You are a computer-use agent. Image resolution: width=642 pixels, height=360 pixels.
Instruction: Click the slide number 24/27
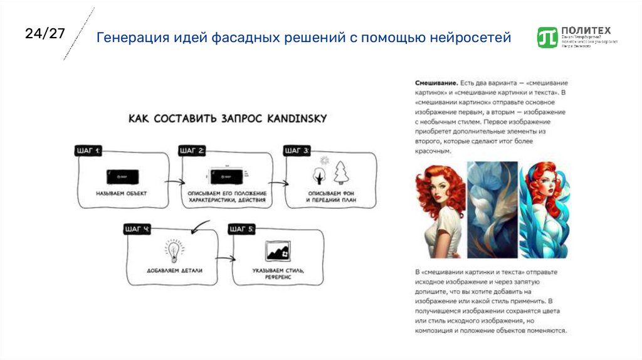45,34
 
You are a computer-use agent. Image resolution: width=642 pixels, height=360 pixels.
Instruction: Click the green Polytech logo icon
547,37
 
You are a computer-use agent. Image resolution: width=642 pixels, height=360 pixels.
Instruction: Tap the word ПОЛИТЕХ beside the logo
586,29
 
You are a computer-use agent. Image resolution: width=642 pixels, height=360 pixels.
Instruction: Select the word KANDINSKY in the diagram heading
295,118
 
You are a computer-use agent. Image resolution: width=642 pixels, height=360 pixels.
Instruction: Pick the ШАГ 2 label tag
192,151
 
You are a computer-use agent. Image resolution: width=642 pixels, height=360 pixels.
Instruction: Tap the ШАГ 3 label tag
297,151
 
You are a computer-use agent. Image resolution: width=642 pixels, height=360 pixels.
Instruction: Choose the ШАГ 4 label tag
137,228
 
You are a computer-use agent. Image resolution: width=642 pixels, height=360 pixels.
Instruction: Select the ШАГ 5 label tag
241,228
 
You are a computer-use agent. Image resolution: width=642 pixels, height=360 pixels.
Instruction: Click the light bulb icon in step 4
173,251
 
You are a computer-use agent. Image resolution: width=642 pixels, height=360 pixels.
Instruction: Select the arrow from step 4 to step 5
226,258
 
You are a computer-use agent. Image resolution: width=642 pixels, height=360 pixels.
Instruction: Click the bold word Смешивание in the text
435,83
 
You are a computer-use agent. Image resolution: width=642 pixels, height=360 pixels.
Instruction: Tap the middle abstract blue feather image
492,209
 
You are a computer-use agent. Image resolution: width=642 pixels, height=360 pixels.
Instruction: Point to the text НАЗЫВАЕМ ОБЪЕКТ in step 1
122,193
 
